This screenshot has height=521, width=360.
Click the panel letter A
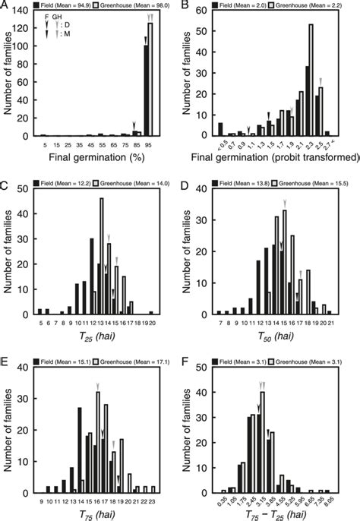(7, 5)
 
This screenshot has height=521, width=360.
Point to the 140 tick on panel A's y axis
(25, 13)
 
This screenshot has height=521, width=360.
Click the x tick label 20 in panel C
(152, 321)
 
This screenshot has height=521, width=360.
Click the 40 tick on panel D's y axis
(207, 188)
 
